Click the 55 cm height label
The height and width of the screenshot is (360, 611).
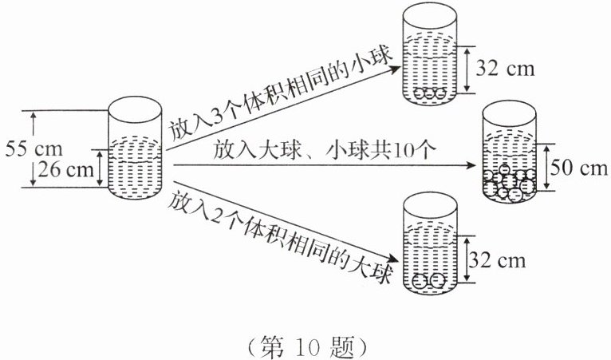point(28,148)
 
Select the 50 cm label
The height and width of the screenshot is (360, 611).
point(579,168)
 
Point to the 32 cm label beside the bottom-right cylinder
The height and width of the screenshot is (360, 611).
point(499,260)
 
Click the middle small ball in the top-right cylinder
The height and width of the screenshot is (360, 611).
point(430,93)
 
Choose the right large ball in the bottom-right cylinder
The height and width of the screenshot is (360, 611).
point(436,281)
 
